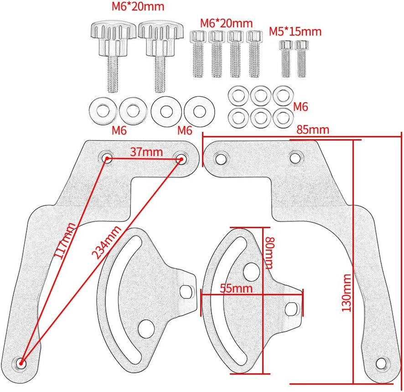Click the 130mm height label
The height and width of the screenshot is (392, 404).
click(x=347, y=293)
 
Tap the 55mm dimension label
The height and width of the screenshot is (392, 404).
click(x=235, y=288)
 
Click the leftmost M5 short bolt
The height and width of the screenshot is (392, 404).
click(x=286, y=58)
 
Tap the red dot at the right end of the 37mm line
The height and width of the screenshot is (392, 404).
click(x=181, y=159)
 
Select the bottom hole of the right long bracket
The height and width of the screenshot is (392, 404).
click(x=382, y=364)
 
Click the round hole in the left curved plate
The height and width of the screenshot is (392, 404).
click(x=145, y=327)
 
